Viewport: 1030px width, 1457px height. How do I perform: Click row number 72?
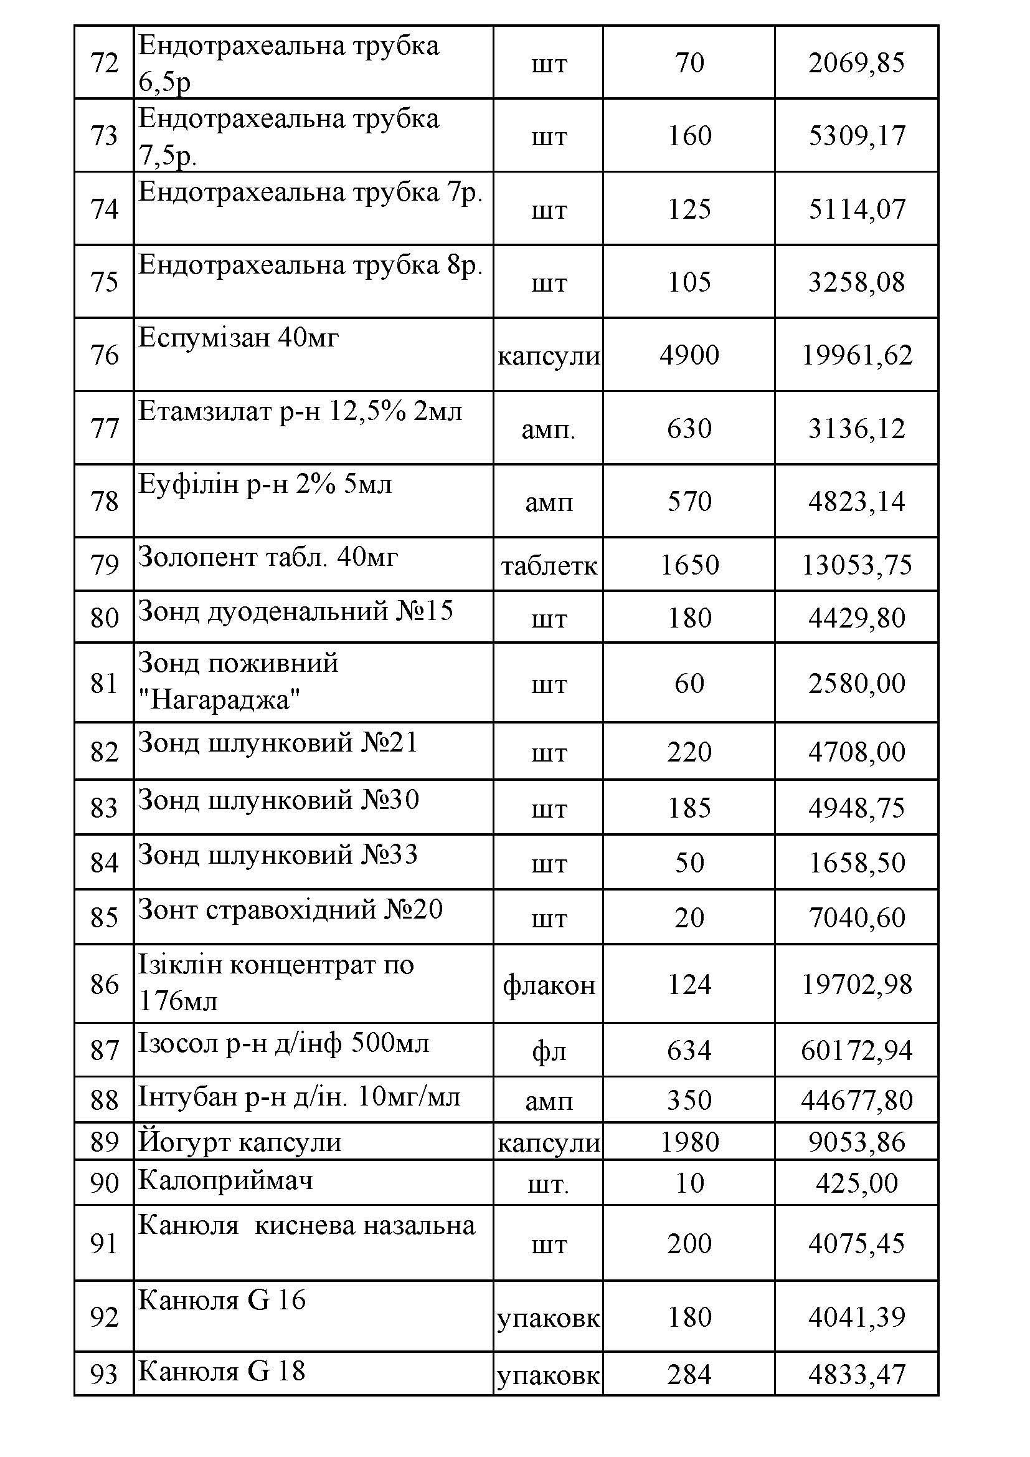pyautogui.click(x=105, y=63)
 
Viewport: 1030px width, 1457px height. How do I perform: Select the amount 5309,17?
pyautogui.click(x=856, y=136)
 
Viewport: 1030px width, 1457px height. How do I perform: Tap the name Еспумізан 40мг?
pyautogui.click(x=239, y=338)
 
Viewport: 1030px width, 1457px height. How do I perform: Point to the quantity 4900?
pyautogui.click(x=689, y=355)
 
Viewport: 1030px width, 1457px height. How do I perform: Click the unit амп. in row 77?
pyautogui.click(x=548, y=429)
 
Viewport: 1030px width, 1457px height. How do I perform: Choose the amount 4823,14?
pyautogui.click(x=856, y=501)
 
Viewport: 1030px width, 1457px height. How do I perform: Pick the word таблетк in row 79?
pyautogui.click(x=549, y=565)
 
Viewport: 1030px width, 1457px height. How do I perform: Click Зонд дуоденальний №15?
pyautogui.click(x=296, y=611)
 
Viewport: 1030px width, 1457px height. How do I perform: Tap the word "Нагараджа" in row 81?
pyautogui.click(x=219, y=700)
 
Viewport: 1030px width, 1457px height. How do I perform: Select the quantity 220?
pyautogui.click(x=689, y=752)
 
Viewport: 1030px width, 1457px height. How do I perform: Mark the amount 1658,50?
pyautogui.click(x=856, y=863)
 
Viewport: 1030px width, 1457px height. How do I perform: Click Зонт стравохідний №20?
pyautogui.click(x=290, y=910)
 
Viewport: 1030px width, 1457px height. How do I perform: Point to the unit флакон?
pyautogui.click(x=549, y=985)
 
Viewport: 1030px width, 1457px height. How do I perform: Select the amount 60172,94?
pyautogui.click(x=856, y=1051)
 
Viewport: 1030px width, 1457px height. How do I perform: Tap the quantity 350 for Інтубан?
pyautogui.click(x=689, y=1101)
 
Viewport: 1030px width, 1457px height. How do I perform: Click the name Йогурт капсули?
pyautogui.click(x=240, y=1142)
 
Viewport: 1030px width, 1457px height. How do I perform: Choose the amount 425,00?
pyautogui.click(x=856, y=1183)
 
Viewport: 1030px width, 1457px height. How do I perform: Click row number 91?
pyautogui.click(x=105, y=1243)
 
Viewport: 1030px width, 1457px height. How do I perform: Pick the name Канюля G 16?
pyautogui.click(x=222, y=1300)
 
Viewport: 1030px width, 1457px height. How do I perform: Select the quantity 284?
pyautogui.click(x=689, y=1375)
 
